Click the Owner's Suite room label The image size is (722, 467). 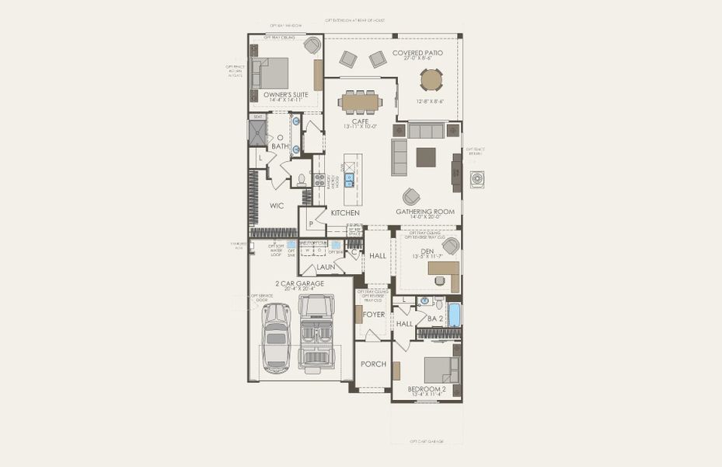pyautogui.click(x=285, y=94)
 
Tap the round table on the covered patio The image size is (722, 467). pyautogui.click(x=431, y=80)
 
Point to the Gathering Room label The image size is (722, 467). pyautogui.click(x=425, y=212)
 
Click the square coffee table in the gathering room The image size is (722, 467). pyautogui.click(x=426, y=157)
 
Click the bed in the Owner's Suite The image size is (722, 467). pyautogui.click(x=273, y=73)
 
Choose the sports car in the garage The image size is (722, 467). pyautogui.click(x=276, y=335)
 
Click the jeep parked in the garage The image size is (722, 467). pyautogui.click(x=316, y=331)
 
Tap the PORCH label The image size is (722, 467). pyautogui.click(x=373, y=364)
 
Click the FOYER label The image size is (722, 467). pyautogui.click(x=374, y=314)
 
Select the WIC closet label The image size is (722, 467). pyautogui.click(x=277, y=205)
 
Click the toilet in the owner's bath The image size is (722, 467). pyautogui.click(x=302, y=178)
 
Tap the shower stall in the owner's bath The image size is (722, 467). pyautogui.click(x=257, y=133)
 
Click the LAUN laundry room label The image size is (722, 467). pyautogui.click(x=326, y=267)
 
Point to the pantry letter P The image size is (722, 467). pyautogui.click(x=311, y=223)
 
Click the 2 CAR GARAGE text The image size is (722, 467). pyautogui.click(x=299, y=284)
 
